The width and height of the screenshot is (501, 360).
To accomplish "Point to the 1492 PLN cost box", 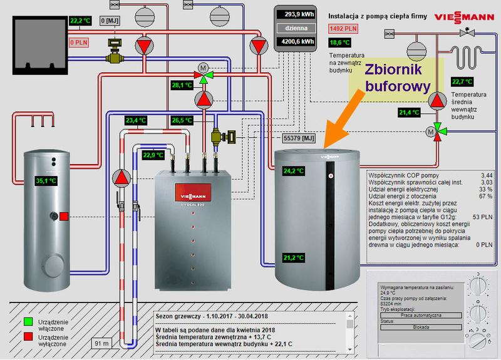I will (x=343, y=28).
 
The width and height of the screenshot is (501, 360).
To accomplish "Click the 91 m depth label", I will (x=100, y=343).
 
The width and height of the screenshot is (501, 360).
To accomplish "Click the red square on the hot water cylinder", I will (x=64, y=217).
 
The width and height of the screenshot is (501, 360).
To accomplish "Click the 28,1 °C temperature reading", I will (x=183, y=85).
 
